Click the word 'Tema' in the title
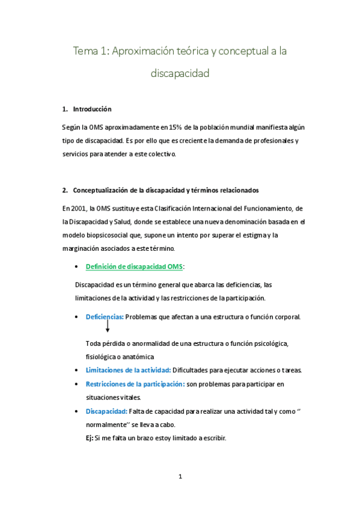click(x=85, y=52)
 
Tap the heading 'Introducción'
click(x=92, y=109)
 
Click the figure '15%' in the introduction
click(x=175, y=127)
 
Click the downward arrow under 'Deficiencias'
click(x=107, y=327)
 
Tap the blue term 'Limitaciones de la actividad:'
click(x=129, y=370)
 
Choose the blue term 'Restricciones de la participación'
click(x=135, y=384)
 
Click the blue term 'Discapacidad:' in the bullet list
click(x=106, y=411)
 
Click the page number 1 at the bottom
click(x=180, y=477)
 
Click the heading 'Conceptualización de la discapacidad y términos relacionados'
click(x=165, y=191)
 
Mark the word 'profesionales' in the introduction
click(x=270, y=141)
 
